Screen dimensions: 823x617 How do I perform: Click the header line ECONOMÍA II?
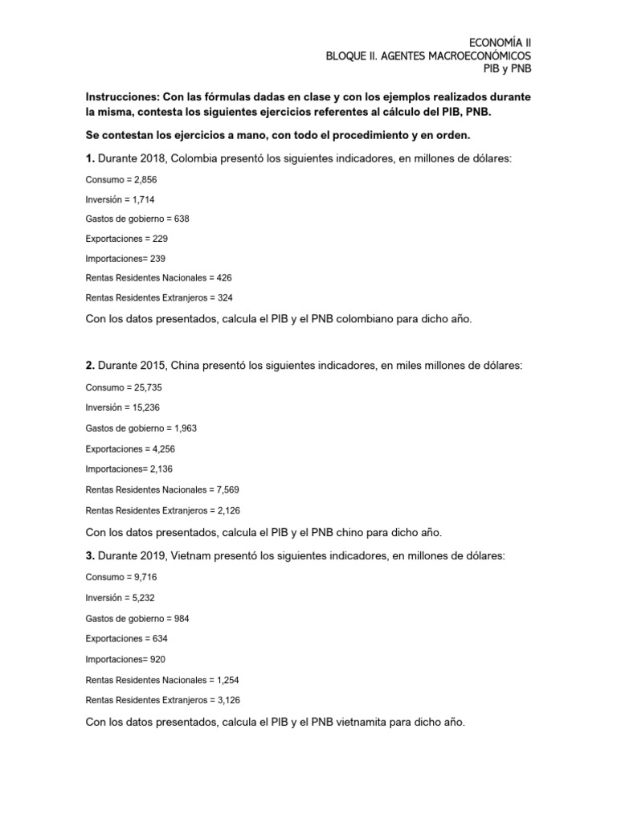point(500,41)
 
